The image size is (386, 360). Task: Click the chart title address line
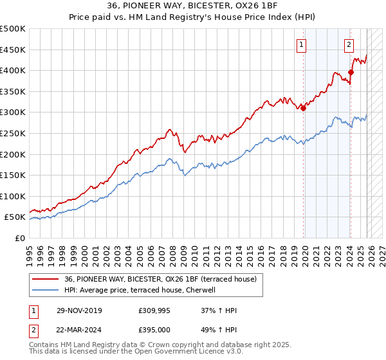click(x=193, y=6)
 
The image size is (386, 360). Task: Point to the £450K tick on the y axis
click(x=13, y=50)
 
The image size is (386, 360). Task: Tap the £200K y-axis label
click(x=13, y=154)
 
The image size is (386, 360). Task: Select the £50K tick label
click(x=15, y=217)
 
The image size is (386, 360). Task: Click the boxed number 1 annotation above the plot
click(x=301, y=44)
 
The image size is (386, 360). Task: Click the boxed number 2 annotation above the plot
click(x=348, y=44)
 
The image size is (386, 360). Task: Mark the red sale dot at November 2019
click(x=303, y=108)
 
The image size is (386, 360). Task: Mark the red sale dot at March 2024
click(x=351, y=72)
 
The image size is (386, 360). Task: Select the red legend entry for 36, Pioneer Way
click(x=161, y=279)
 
